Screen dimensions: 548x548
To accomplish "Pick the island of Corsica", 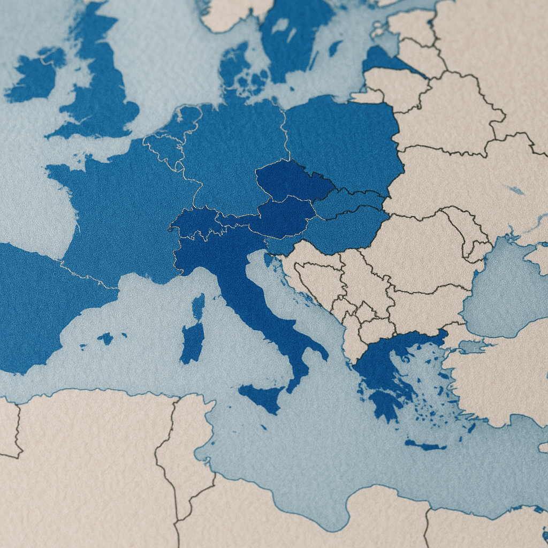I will tap(199, 307).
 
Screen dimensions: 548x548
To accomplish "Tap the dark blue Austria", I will tap(284, 217).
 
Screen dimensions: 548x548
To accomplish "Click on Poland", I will tap(342, 142).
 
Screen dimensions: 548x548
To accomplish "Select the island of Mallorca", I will tap(105, 338).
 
